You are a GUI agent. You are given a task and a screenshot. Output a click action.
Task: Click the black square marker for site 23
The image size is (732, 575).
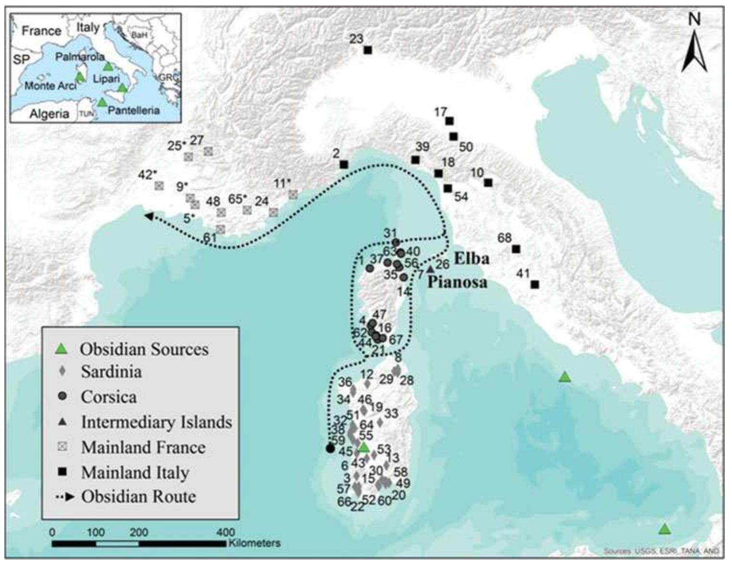tap(368, 50)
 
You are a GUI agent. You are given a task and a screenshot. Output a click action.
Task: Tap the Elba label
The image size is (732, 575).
tap(471, 258)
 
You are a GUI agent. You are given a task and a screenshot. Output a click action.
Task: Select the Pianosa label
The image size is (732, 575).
tap(457, 282)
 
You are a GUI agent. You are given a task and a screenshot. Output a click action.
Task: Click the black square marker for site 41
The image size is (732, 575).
tap(535, 284)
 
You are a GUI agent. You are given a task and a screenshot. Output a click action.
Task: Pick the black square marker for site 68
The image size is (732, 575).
tap(516, 249)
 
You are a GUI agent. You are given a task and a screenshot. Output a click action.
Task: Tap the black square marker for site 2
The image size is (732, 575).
tap(344, 164)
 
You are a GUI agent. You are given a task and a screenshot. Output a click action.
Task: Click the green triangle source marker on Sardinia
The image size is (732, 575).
tap(364, 447)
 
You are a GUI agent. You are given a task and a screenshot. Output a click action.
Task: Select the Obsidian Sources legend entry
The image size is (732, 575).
tap(144, 349)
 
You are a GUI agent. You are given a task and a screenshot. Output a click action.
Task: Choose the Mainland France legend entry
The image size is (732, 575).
tap(143, 447)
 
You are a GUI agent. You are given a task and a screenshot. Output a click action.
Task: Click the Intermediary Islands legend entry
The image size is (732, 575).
tap(156, 422)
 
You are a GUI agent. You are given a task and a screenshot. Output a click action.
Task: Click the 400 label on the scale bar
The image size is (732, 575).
tap(226, 532)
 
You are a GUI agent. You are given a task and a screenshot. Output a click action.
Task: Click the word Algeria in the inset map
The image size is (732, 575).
tap(49, 114)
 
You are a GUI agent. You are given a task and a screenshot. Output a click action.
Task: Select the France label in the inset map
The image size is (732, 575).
tap(41, 31)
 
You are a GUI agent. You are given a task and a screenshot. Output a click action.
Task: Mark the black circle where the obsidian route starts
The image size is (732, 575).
tap(330, 448)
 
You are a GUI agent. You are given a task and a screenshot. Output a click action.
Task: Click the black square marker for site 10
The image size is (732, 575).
tap(488, 183)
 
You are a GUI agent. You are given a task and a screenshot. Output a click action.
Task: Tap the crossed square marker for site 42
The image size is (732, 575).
tap(159, 186)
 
